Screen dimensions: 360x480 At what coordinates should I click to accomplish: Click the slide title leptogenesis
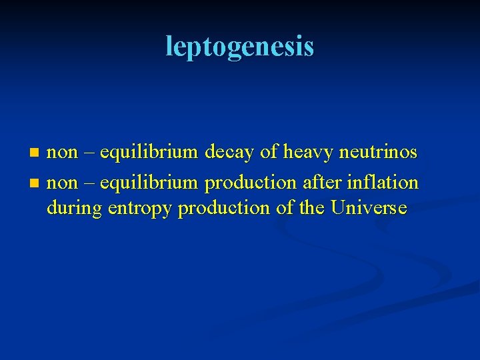(x=239, y=46)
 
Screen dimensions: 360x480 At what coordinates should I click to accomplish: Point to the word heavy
(x=307, y=153)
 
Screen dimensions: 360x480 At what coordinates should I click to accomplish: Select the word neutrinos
(x=378, y=153)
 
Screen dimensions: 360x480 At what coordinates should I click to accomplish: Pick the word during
(x=74, y=208)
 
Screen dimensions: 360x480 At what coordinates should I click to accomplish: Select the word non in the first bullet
(x=62, y=153)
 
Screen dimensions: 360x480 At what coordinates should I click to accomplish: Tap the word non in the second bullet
(x=62, y=181)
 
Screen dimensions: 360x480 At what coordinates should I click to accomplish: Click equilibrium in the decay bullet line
(x=148, y=153)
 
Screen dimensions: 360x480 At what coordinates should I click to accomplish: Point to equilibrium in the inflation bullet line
(x=148, y=181)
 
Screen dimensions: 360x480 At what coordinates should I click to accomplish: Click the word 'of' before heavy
(x=269, y=153)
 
